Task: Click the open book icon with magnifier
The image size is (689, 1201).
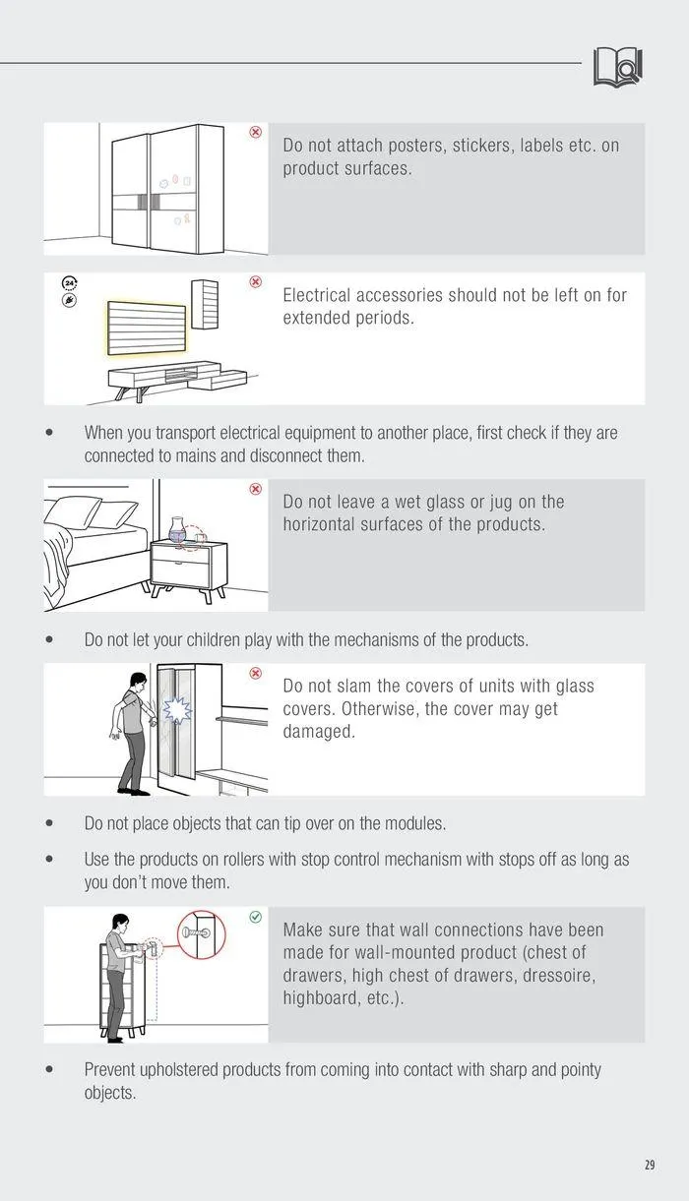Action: coord(617,67)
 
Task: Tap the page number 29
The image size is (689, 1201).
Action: coord(650,1165)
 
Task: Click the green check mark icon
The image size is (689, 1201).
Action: coord(256,917)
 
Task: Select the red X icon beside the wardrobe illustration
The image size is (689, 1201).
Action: coord(256,132)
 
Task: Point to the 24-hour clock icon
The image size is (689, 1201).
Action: coord(70,283)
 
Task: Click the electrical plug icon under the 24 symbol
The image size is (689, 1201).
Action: coord(70,300)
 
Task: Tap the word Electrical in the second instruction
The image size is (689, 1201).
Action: coord(317,295)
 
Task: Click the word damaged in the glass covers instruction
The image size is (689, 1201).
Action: coord(319,732)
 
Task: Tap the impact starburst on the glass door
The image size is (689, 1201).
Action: coord(177,710)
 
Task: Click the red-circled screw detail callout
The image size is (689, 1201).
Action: coord(201,934)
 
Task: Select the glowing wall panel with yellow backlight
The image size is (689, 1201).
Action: coord(147,328)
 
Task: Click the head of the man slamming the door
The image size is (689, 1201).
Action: coord(139,681)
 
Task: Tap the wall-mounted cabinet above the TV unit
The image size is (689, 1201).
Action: coord(205,305)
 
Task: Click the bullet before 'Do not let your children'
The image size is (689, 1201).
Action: coord(49,639)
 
